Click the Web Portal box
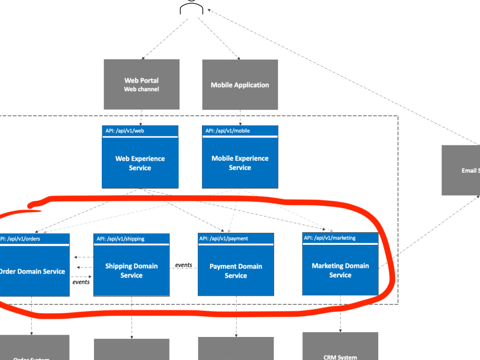[142, 84]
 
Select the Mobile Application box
[240, 84]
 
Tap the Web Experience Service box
[140, 163]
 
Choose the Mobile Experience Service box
[240, 163]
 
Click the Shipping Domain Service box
[132, 270]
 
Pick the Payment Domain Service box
[236, 271]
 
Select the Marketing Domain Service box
[340, 270]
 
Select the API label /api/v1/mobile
[228, 131]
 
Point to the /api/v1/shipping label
[120, 239]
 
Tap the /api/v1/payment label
[224, 239]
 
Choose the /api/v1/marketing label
[330, 238]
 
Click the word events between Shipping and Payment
[183, 265]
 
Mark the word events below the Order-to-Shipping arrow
[81, 282]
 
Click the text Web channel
[142, 89]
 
